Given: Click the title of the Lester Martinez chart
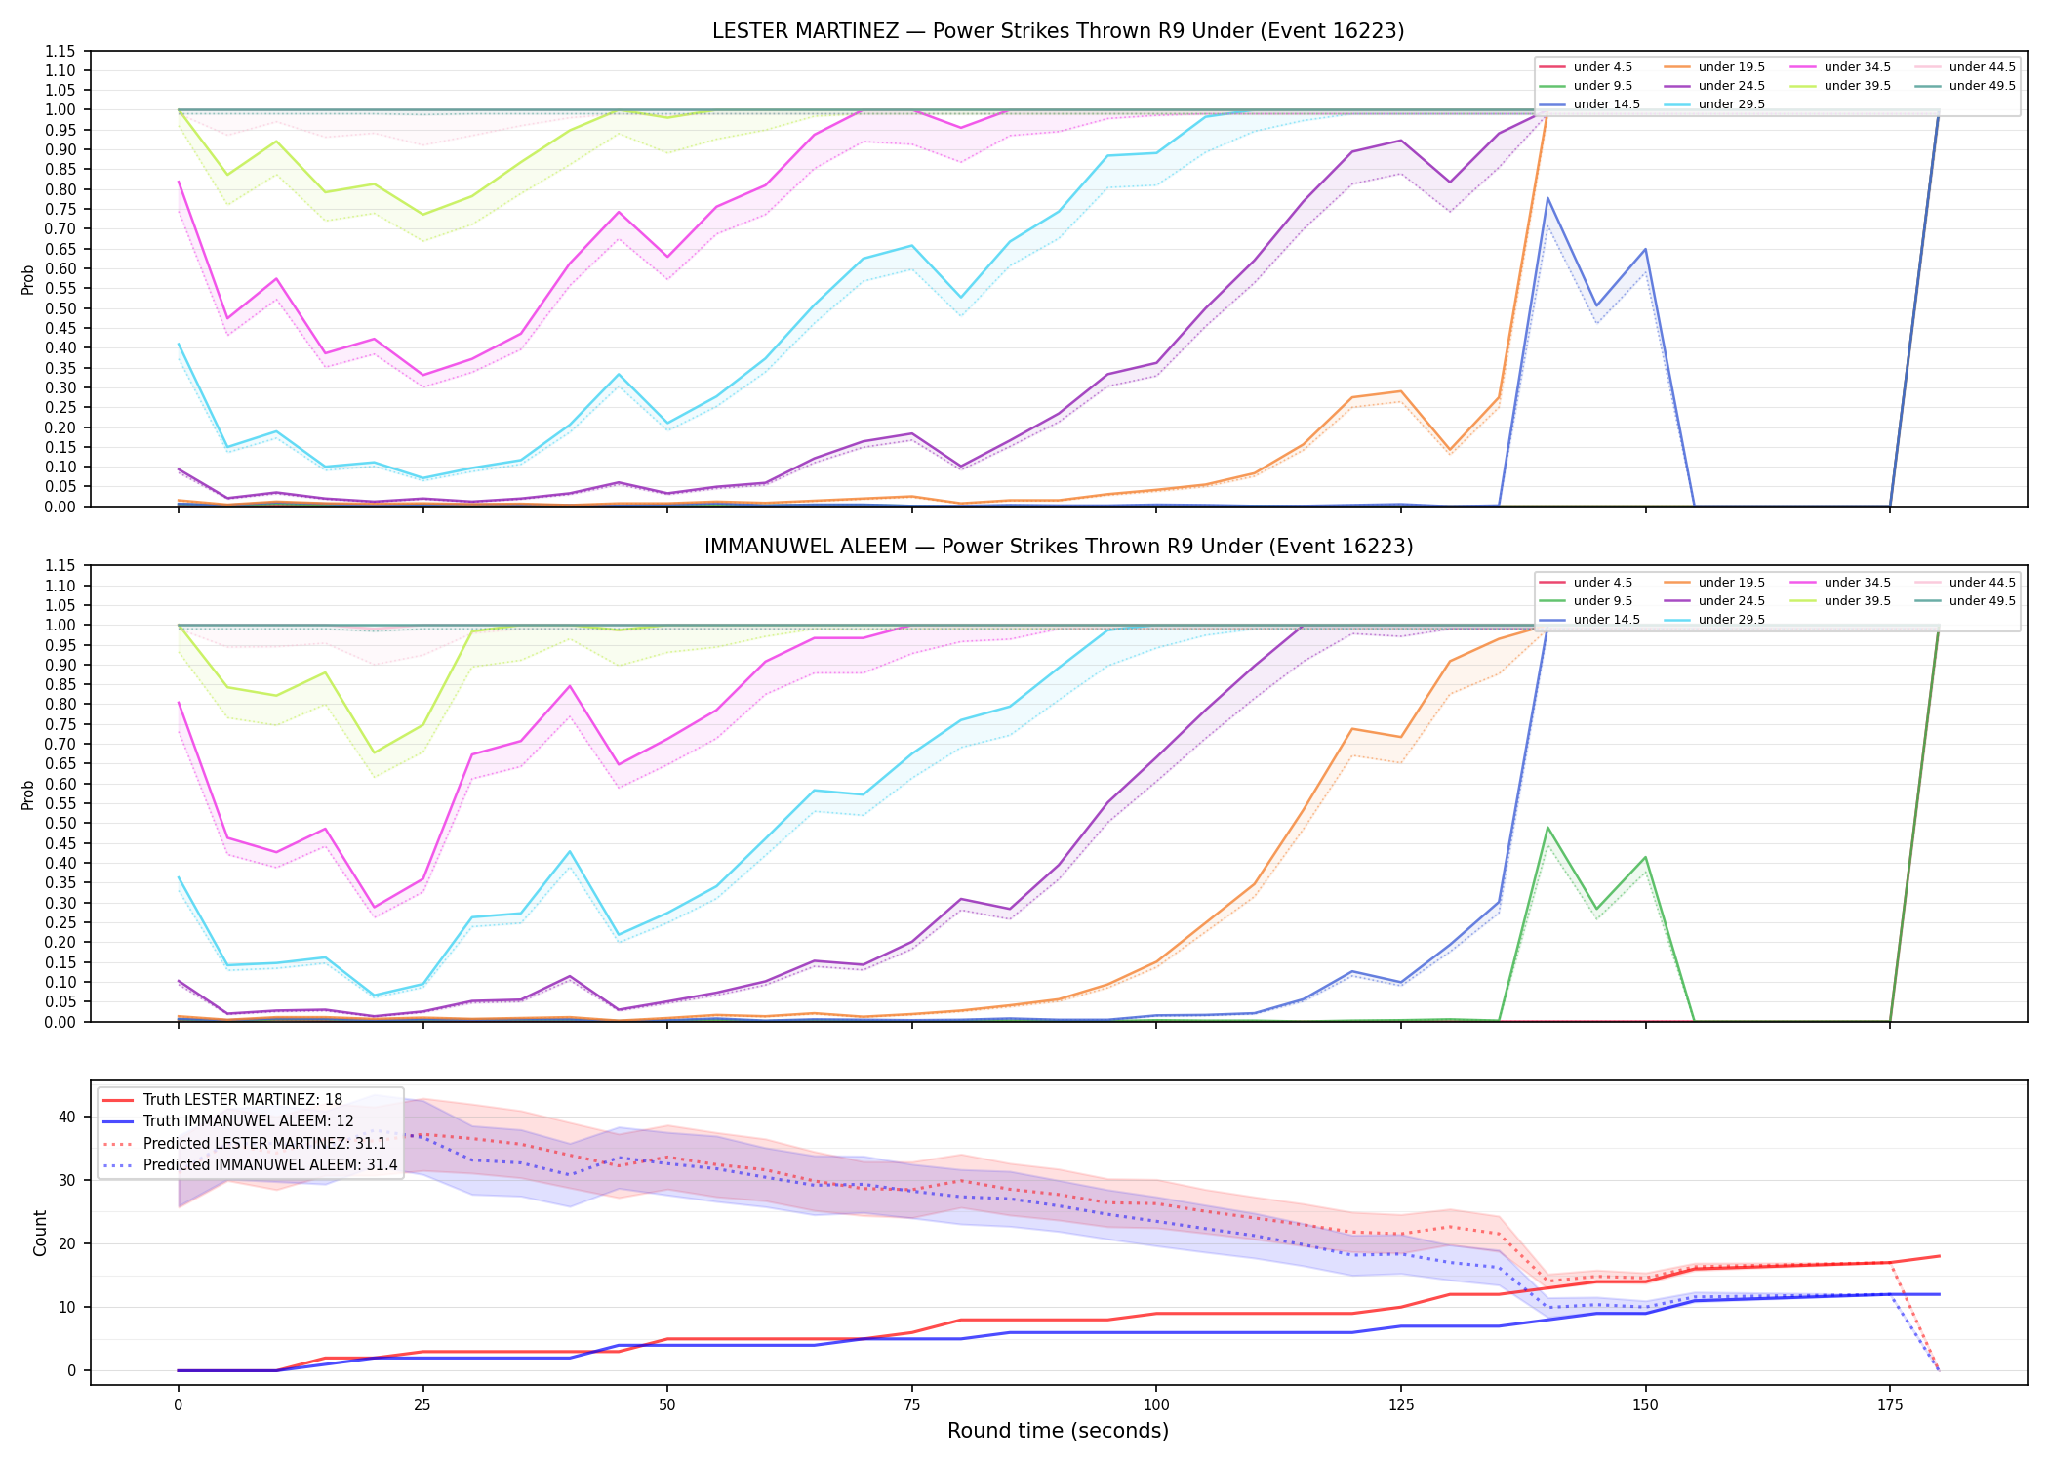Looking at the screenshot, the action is tap(1058, 31).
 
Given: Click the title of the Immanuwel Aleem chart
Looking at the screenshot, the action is tap(1059, 547).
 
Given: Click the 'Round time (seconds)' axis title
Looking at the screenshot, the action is tap(1058, 1431).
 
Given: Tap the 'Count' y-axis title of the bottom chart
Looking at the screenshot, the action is tap(40, 1233).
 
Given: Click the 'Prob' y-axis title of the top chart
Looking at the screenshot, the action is tap(28, 279).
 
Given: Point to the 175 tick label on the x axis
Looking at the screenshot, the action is tap(1890, 1405).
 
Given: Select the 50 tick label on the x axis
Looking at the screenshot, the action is tap(666, 1405).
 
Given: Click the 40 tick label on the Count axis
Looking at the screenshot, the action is tap(67, 1117).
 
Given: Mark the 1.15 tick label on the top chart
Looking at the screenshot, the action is tap(60, 51).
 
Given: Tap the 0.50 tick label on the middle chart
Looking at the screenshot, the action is tap(60, 824).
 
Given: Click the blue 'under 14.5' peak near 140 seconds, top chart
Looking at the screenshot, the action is tap(1547, 198).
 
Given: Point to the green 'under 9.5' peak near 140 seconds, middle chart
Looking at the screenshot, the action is tap(1547, 828).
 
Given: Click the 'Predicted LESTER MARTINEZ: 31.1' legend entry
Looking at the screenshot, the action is tap(264, 1144).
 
